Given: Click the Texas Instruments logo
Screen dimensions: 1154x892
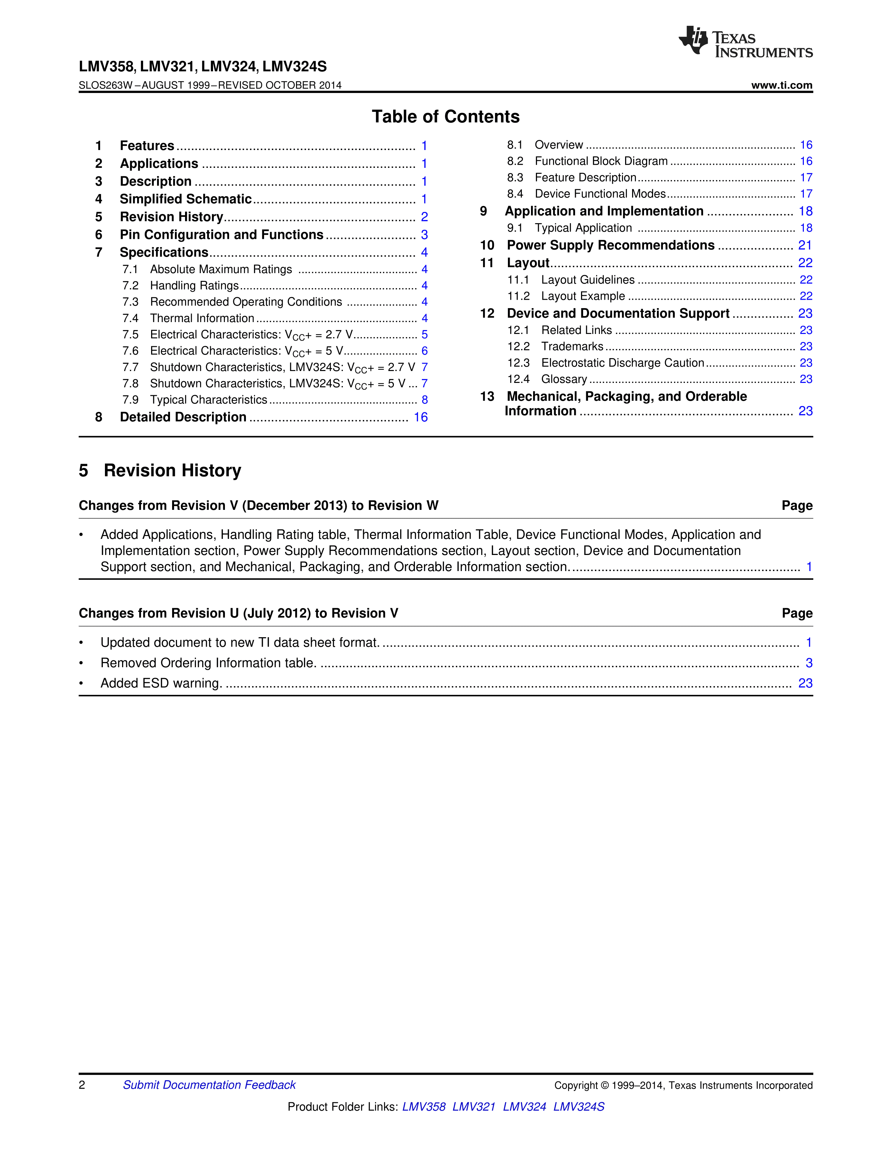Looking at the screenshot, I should (745, 42).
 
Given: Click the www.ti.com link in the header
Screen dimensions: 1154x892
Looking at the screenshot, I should (781, 85).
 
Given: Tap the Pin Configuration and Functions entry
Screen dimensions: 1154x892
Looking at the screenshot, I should (221, 235).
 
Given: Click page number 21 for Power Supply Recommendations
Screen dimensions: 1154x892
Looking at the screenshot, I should (805, 245).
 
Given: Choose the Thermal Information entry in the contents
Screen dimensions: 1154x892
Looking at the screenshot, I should (202, 318).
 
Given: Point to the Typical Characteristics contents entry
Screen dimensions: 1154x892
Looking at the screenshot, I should (208, 400).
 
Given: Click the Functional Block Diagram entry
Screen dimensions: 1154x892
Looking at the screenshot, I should (601, 161).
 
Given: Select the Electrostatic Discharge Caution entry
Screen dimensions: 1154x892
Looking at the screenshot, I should (623, 363).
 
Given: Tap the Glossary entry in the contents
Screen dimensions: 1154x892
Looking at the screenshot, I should (564, 379).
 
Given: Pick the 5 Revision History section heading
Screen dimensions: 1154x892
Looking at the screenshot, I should (160, 470).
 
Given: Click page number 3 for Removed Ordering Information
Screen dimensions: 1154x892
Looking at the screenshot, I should (808, 663).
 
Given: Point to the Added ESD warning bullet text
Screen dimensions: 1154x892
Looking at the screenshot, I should (161, 683).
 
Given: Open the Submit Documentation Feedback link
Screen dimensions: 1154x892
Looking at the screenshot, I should (209, 1085).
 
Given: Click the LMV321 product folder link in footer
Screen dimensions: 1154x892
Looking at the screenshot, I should (474, 1106).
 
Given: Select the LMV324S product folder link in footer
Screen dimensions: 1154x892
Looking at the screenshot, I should (579, 1106).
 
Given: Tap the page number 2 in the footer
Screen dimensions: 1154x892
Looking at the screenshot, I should (82, 1085).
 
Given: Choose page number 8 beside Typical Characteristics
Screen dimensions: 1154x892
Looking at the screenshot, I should (424, 400).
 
